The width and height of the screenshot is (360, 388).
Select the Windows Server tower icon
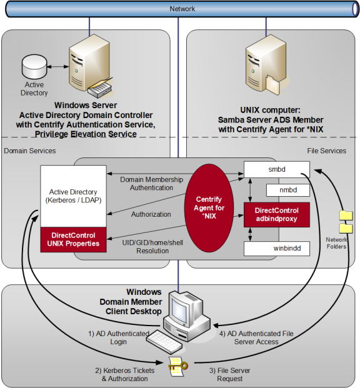click(86, 62)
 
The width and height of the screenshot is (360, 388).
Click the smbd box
click(276, 169)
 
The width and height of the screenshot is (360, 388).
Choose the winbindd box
click(276, 248)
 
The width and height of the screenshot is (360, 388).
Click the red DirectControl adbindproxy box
click(276, 214)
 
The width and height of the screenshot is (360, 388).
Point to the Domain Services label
click(29, 151)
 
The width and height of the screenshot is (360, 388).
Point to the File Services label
click(326, 151)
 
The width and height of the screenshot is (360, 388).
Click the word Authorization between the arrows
click(151, 214)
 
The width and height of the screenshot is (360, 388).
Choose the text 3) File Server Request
click(229, 375)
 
